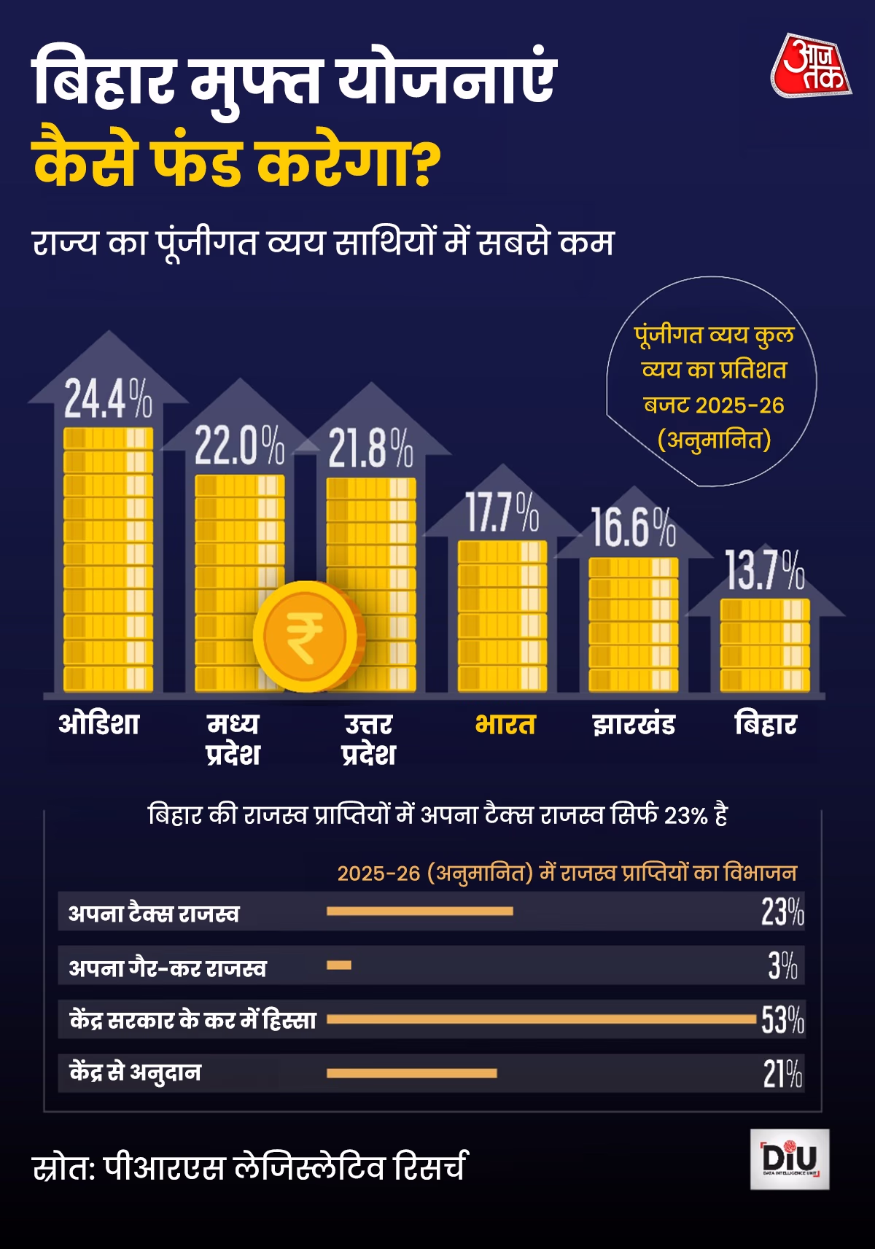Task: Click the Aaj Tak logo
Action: coord(811,66)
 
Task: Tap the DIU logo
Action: coord(790,1159)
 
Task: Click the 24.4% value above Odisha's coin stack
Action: coord(108,399)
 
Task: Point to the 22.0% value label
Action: coord(239,445)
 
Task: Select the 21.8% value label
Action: coord(370,448)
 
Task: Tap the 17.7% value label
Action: coord(502,513)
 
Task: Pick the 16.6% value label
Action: coord(633,527)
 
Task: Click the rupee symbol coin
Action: coord(306,636)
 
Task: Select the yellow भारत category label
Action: coord(505,725)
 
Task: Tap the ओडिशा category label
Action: coord(99,724)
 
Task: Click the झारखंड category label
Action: coord(634,725)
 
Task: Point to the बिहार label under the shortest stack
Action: coord(766,724)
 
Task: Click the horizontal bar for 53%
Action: coord(541,1019)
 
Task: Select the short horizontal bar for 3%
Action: coord(339,965)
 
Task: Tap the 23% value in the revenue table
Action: coord(782,911)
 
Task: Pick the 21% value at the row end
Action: coord(782,1073)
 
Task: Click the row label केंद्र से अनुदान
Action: coord(135,1073)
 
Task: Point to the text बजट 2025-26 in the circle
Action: coord(713,405)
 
